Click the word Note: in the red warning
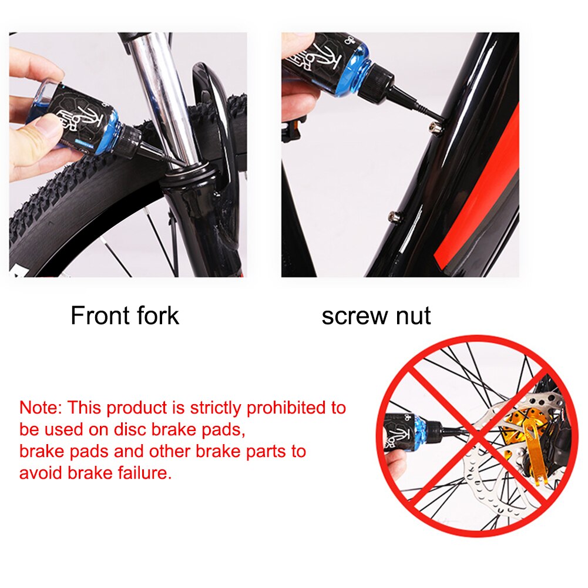pos(41,408)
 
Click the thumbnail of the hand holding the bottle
pos(35,117)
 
